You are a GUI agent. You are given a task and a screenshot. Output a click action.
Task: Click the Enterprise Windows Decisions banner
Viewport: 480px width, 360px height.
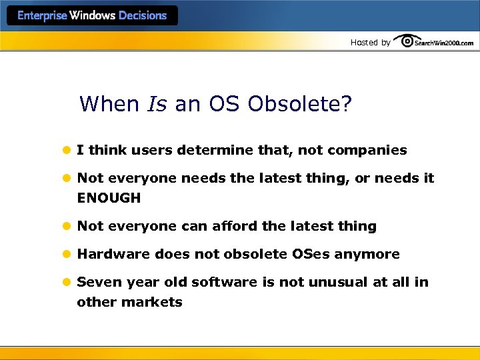coord(92,15)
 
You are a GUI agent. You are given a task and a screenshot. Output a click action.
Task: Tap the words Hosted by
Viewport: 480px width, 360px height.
coord(371,43)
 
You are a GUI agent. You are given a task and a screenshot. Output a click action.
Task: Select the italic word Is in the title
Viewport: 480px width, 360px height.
coord(156,105)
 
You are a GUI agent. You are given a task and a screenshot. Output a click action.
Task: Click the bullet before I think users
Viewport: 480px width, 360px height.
coord(67,151)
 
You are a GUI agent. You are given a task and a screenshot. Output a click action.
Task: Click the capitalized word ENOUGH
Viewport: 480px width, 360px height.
coord(109,198)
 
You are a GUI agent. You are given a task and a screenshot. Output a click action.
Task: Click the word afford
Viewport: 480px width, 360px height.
coord(233,226)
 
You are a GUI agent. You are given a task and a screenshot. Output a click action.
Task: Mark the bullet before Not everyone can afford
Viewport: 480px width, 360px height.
coord(67,227)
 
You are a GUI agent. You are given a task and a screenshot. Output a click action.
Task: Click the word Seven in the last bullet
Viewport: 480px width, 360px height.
coord(97,282)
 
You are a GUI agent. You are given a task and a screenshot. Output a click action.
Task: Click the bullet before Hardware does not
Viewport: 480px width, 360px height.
coord(67,255)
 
